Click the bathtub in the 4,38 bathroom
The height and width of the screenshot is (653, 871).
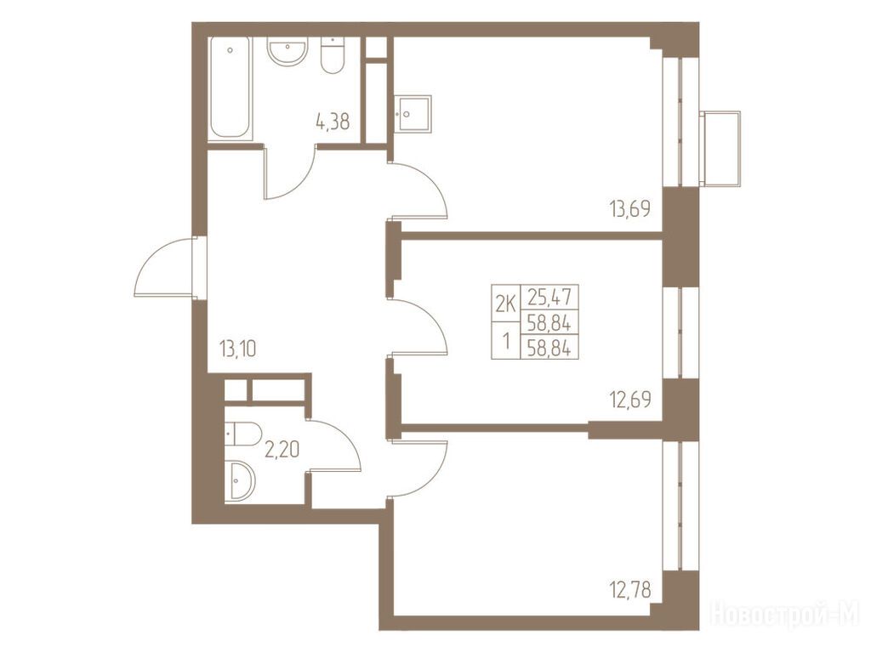230,88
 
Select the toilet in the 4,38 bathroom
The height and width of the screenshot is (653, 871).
333,55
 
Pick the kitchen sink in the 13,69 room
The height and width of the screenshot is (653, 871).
413,114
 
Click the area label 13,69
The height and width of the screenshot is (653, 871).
629,209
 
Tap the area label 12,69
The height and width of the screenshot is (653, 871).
630,400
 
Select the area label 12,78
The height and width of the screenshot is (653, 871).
629,588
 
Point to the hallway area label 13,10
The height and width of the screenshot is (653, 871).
238,349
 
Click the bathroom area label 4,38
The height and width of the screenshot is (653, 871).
333,122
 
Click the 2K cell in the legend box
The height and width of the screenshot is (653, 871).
505,304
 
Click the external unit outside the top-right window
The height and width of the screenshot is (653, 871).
720,148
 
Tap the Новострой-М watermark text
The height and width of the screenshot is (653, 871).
785,613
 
